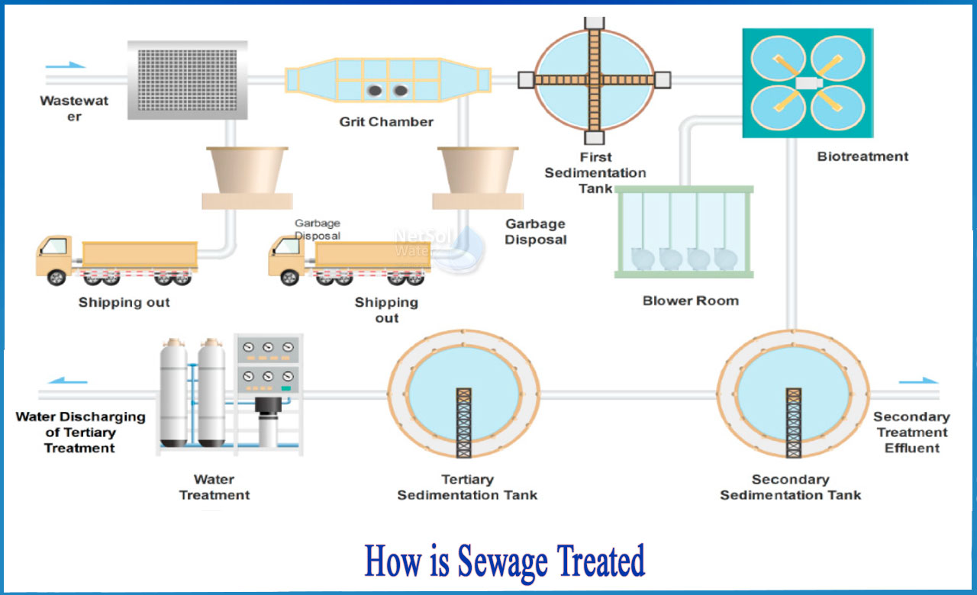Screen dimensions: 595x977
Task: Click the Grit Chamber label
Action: click(x=386, y=122)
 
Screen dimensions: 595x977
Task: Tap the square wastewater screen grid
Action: click(x=187, y=79)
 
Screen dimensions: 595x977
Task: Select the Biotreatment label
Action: click(x=863, y=156)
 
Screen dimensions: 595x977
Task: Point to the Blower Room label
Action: click(x=690, y=301)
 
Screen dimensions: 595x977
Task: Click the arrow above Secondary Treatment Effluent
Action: click(x=918, y=381)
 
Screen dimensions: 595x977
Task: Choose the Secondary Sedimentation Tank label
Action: click(x=790, y=487)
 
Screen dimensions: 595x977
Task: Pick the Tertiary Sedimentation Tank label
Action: click(x=467, y=487)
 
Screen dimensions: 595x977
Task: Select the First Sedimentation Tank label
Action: click(x=595, y=172)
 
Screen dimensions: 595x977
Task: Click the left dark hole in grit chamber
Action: click(x=376, y=91)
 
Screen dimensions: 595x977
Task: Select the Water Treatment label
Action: click(x=214, y=487)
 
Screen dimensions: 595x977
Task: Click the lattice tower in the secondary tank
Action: click(x=794, y=423)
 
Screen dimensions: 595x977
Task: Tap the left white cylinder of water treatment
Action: click(x=173, y=394)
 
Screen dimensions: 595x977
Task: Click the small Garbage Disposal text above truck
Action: click(x=318, y=230)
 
